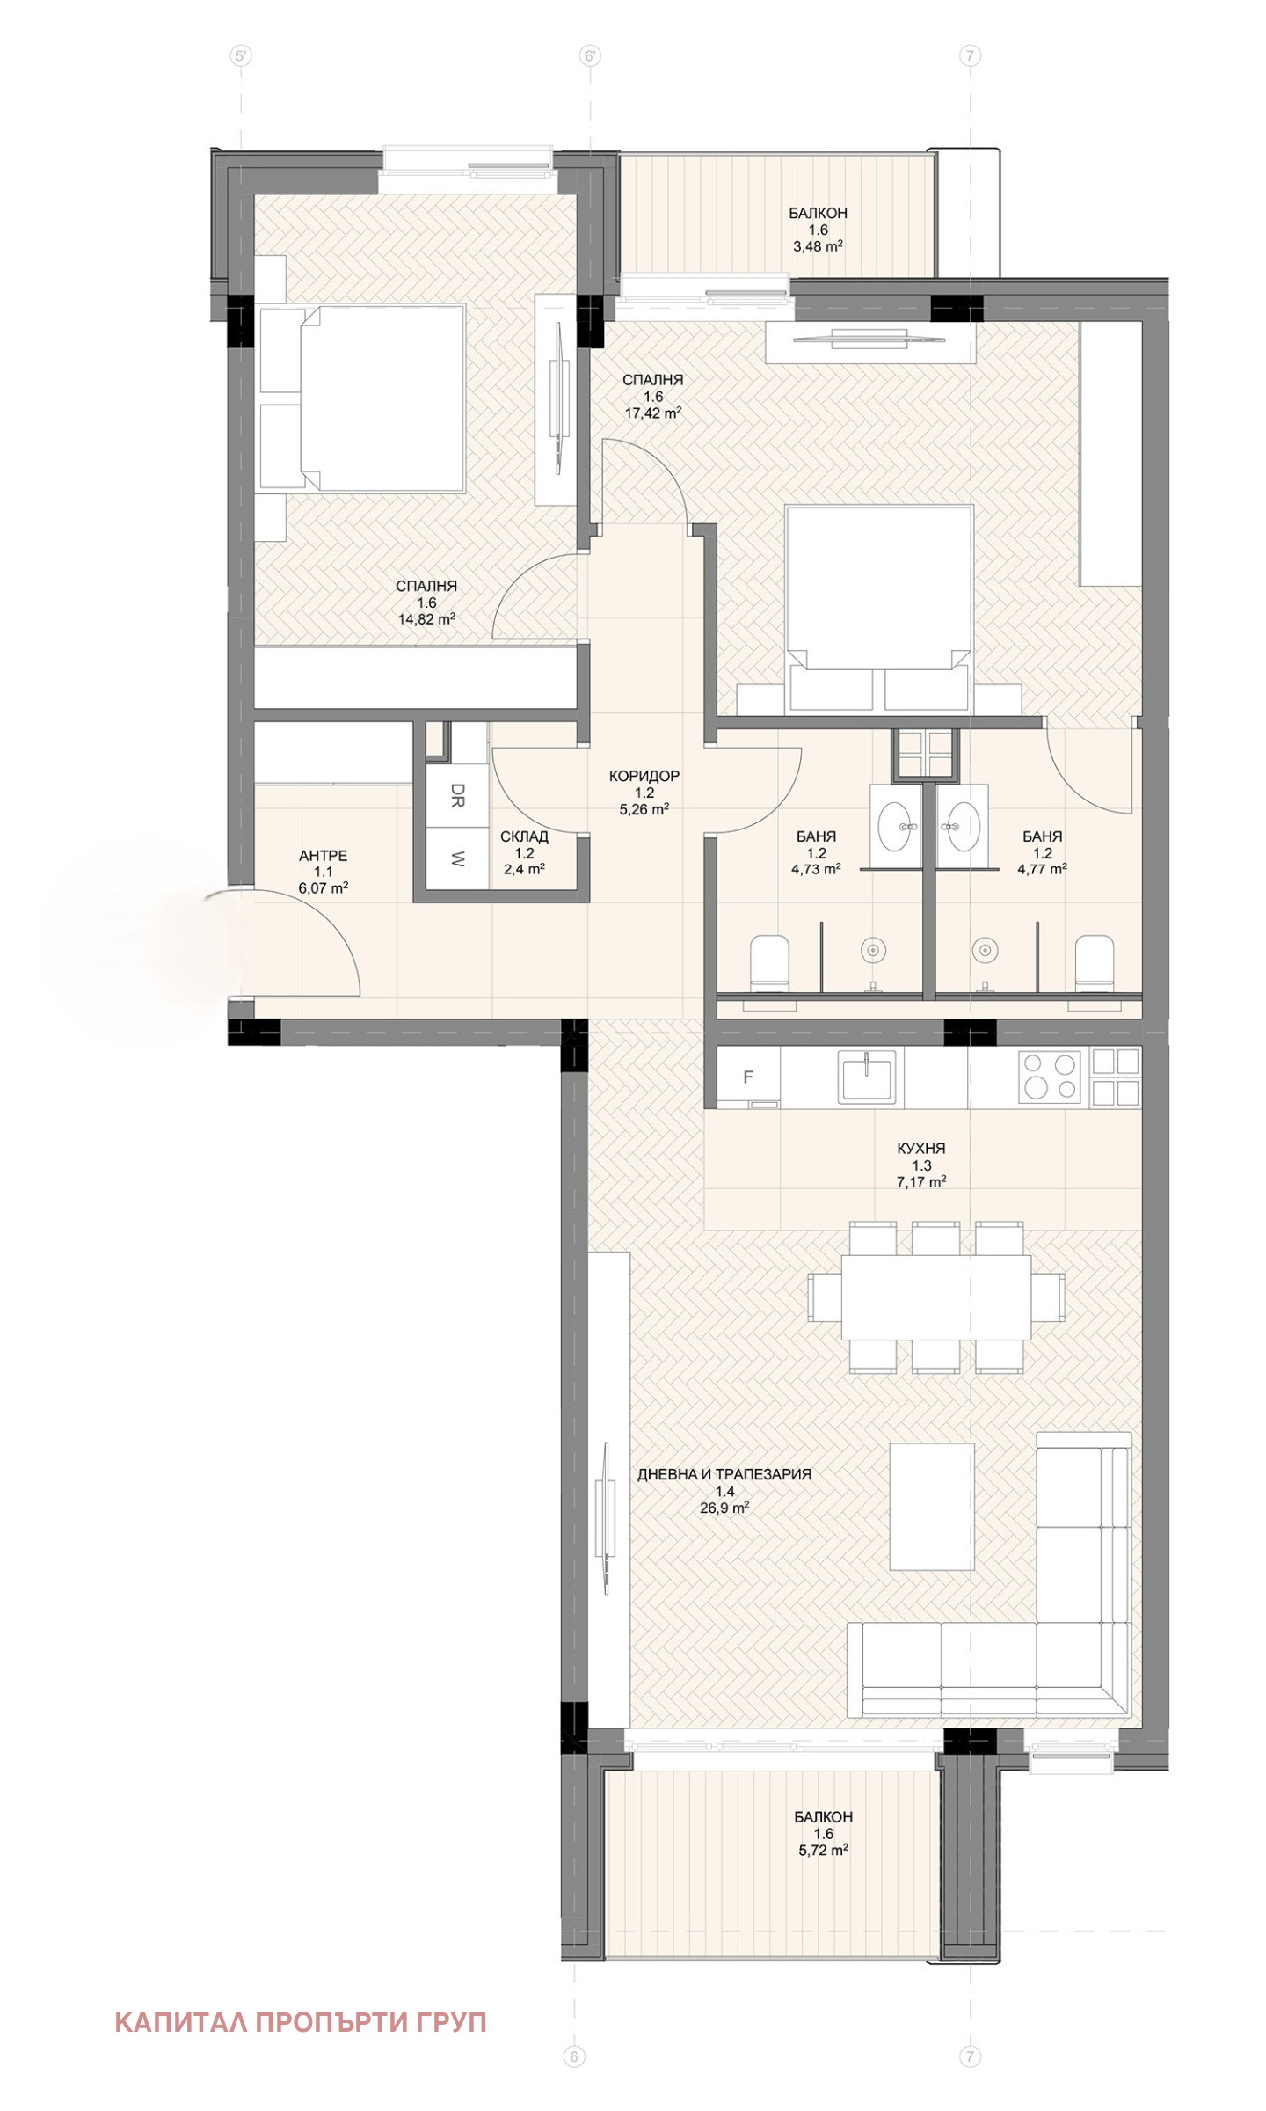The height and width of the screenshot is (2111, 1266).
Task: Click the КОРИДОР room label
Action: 644,776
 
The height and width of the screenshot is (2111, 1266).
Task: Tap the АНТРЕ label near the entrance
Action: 323,855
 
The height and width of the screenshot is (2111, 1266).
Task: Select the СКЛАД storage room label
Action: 524,836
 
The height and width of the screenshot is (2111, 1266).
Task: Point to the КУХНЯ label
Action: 920,1148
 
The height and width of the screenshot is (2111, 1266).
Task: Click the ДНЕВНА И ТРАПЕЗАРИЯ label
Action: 724,1474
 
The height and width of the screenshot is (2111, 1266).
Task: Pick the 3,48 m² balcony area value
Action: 818,246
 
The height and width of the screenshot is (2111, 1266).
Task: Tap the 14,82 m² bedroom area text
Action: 426,618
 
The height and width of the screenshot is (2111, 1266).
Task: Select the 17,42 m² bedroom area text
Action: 653,412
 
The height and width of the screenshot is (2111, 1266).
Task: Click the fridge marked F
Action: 748,1077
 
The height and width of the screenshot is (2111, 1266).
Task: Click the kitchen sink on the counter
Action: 867,1077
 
